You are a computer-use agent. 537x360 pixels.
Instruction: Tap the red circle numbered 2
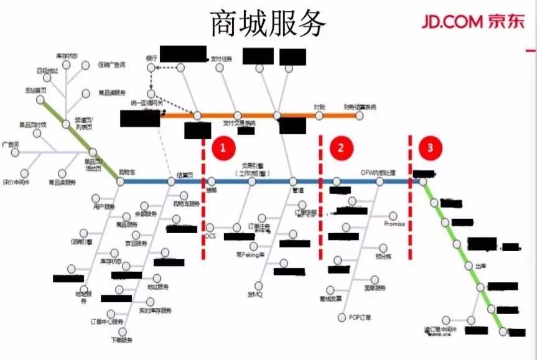341,147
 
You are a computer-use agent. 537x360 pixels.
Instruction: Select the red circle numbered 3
429,147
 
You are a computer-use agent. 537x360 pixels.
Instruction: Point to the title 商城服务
268,24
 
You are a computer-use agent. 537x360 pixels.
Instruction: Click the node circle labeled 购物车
121,182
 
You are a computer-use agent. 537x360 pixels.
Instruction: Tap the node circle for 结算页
172,182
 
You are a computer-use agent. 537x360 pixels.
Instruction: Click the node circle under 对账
319,115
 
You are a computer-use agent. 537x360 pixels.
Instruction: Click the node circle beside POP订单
342,318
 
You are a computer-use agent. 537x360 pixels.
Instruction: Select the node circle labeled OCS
210,228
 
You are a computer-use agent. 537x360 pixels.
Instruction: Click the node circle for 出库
469,265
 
